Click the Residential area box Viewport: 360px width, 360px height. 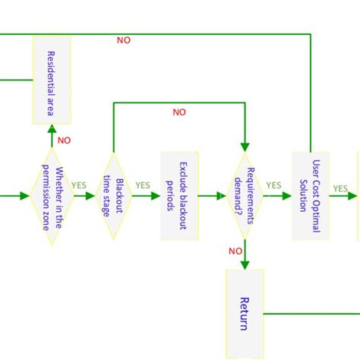52,80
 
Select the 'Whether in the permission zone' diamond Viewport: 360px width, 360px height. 52,196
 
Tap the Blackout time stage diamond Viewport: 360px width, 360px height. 113,196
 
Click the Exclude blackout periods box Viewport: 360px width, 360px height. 180,196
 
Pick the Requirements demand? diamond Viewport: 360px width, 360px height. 245,196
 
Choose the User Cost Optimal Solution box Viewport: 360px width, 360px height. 311,196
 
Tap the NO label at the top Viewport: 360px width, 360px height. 123,40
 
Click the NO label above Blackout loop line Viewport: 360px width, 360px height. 178,112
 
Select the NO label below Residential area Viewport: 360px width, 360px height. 64,141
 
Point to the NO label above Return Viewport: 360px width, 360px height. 235,251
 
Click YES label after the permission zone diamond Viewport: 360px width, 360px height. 79,185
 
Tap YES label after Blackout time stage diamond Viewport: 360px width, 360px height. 142,185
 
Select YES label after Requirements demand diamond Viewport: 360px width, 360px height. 273,185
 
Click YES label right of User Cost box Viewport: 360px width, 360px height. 340,188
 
